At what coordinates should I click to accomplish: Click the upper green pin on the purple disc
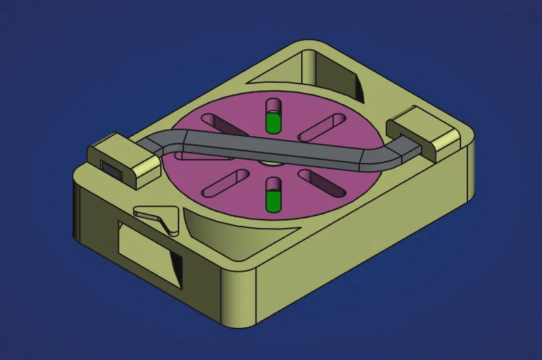click(x=274, y=121)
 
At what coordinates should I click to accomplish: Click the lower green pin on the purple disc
click(x=274, y=200)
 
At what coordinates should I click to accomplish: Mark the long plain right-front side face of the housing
click(x=363, y=260)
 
